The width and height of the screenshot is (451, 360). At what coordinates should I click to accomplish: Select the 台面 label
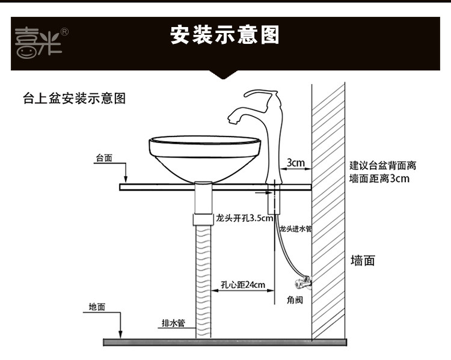coord(103,159)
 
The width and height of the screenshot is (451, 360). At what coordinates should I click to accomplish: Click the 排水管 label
coord(173,323)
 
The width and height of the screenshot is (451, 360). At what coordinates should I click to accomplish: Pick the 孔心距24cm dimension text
coord(243,285)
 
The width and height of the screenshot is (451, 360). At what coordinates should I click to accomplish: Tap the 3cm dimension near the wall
coord(295,163)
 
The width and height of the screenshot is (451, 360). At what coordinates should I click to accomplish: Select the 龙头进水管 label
coord(295,228)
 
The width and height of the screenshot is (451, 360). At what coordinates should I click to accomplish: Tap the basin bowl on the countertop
coord(205,156)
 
